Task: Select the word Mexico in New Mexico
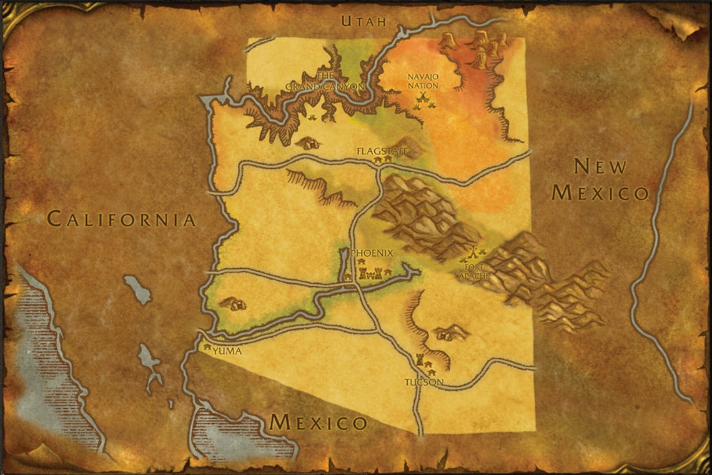600,192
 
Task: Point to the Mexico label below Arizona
319,422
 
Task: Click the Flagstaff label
381,151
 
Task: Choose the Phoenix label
373,253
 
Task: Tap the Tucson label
424,382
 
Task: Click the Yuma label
227,351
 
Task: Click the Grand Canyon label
325,81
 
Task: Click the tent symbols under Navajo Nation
424,101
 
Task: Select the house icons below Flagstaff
382,161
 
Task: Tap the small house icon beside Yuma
207,344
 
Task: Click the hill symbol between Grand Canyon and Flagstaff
308,143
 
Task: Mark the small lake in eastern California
137,289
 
